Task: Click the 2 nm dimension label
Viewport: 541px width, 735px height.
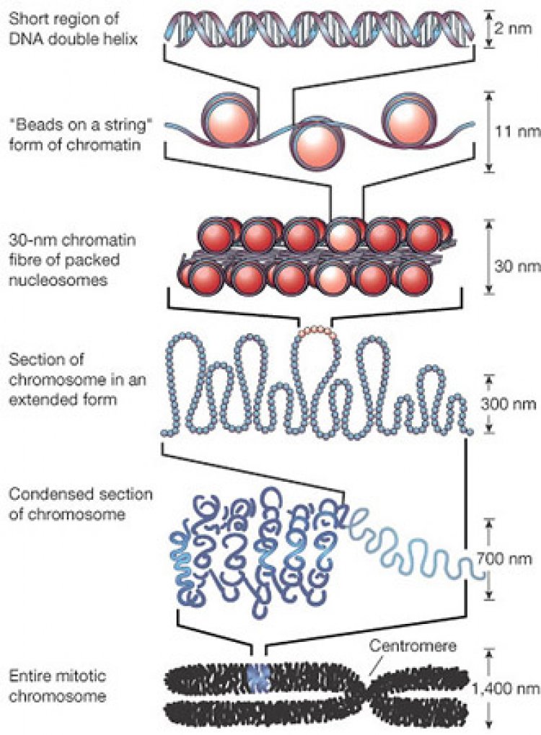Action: click(513, 28)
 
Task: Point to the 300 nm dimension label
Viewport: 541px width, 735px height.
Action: click(509, 404)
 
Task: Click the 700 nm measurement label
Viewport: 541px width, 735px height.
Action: click(504, 559)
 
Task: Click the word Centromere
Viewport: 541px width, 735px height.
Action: click(413, 646)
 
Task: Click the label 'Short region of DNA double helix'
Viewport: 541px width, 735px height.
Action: click(73, 28)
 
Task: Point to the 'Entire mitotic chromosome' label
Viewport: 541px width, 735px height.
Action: click(58, 686)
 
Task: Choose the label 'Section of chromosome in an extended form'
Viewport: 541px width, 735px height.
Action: click(78, 379)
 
